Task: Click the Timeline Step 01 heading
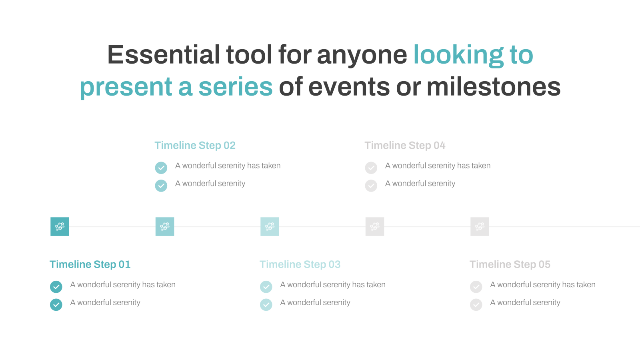pos(90,264)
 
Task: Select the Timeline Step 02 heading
pos(195,146)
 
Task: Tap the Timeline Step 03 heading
pos(300,264)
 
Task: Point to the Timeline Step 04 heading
pos(405,146)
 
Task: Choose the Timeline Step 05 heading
pos(510,264)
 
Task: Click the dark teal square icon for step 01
pos(60,226)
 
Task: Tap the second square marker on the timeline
pos(165,226)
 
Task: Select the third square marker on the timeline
pos(270,226)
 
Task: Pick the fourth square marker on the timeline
pos(375,226)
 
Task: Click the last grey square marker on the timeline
pos(480,226)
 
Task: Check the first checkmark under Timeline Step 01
pos(56,286)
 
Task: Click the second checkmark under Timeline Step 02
pos(161,186)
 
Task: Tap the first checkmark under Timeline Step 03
pos(266,286)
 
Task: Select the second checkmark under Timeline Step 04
pos(371,186)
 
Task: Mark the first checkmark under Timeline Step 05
pos(476,286)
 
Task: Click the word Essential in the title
pos(164,54)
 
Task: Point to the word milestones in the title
pos(494,87)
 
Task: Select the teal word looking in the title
pos(458,55)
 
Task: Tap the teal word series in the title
pos(236,87)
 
